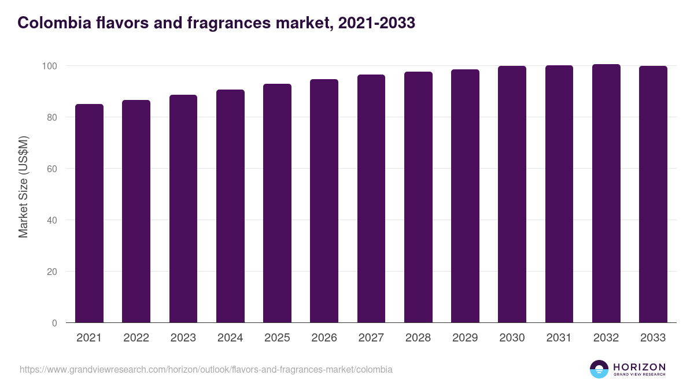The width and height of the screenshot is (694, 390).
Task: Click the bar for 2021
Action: click(89, 214)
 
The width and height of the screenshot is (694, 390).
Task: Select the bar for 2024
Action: click(230, 206)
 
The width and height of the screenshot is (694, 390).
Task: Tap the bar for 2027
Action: click(371, 199)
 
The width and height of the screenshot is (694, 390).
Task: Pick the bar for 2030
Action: click(512, 195)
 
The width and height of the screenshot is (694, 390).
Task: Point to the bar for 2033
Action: click(653, 195)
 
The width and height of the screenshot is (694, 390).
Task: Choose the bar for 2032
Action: click(606, 194)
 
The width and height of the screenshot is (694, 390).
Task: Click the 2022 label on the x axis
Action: click(136, 338)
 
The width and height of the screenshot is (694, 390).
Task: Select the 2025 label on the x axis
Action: click(277, 338)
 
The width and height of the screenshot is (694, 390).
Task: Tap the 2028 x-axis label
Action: click(418, 338)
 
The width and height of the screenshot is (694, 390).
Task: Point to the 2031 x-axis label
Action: click(559, 338)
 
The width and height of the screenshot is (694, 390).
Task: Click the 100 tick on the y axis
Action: click(50, 66)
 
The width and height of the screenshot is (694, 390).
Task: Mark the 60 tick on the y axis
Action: click(53, 169)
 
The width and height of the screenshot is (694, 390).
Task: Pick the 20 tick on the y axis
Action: click(53, 272)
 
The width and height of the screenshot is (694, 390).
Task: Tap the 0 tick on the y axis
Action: click(55, 323)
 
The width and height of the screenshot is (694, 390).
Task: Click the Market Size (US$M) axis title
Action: click(23, 187)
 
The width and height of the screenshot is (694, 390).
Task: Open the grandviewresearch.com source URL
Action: click(206, 369)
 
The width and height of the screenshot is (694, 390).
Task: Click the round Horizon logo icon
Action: click(599, 369)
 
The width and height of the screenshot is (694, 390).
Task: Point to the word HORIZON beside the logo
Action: click(639, 366)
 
